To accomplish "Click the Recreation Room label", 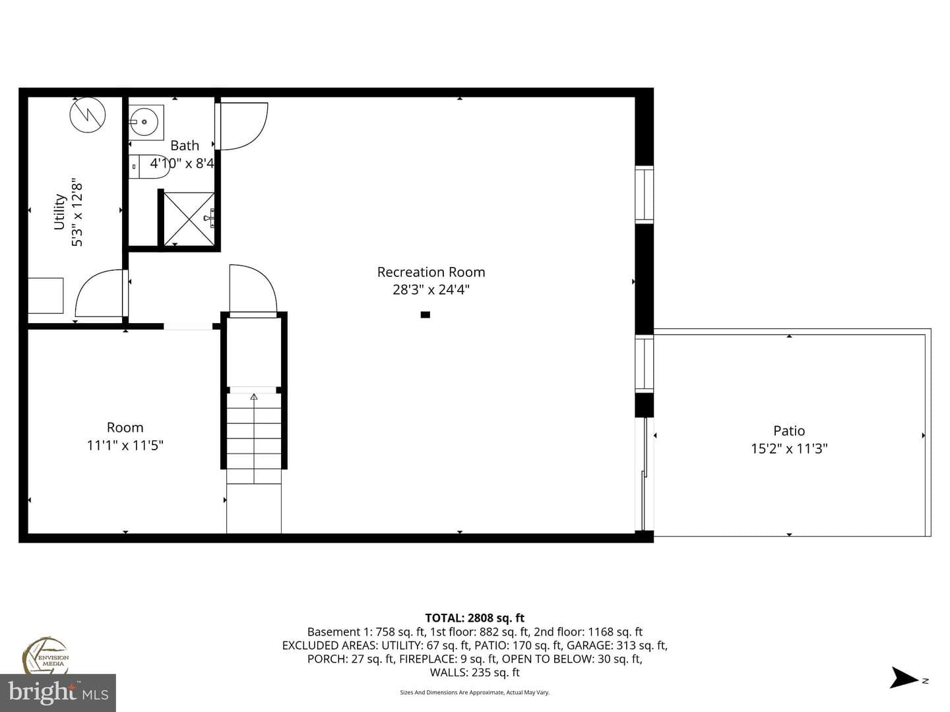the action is pos(431,272).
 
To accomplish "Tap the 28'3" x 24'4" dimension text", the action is pos(431,289).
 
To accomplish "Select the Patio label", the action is pos(789,430).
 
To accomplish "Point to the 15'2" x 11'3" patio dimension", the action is pos(789,448).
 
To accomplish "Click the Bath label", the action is pos(185,145).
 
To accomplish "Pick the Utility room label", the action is pos(59,212).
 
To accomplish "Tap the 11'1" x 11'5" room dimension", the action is pos(125,445).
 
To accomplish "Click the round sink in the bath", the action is pos(144,122).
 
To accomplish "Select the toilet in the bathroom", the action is pos(149,166).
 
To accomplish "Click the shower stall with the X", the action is pos(189,219).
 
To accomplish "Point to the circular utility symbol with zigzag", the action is pos(88,115).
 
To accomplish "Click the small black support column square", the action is pos(426,314).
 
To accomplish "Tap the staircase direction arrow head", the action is pos(253,396).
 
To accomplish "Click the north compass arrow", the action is pos(902,678).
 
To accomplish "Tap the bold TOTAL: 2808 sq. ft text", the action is pos(475,618).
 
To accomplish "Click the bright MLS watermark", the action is pos(58,693).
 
